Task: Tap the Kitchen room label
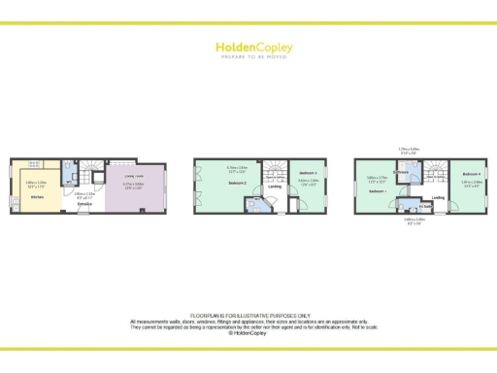pos(37,197)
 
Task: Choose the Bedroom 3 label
pos(308,172)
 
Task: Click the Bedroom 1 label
pos(377,190)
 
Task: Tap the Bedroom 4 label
pos(472,172)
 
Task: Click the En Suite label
pos(424,207)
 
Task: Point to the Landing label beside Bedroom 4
pos(439,197)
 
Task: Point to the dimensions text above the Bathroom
pos(409,151)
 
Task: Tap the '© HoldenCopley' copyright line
pos(248,332)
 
